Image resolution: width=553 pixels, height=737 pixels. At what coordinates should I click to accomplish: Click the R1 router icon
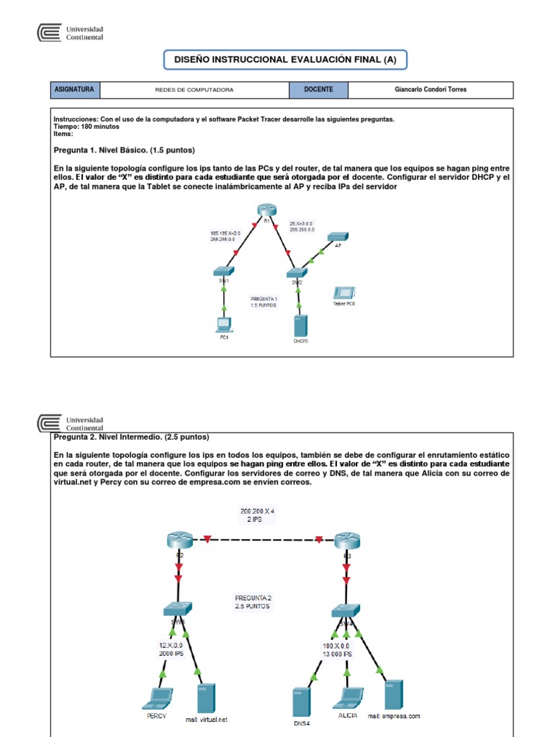pyautogui.click(x=264, y=209)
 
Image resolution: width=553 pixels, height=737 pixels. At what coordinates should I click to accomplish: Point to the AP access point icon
pyautogui.click(x=337, y=237)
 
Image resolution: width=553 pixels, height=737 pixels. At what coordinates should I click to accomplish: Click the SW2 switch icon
pyautogui.click(x=295, y=273)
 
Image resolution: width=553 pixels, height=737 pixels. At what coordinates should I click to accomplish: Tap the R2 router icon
pyautogui.click(x=179, y=540)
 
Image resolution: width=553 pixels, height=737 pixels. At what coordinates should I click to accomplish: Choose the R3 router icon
pyautogui.click(x=346, y=540)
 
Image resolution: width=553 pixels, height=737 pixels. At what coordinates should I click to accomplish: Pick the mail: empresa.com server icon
pyautogui.click(x=393, y=695)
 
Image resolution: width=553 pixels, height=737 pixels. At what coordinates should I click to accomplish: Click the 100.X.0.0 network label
pyautogui.click(x=337, y=650)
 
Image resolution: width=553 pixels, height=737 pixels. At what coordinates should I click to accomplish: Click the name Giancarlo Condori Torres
pyautogui.click(x=431, y=90)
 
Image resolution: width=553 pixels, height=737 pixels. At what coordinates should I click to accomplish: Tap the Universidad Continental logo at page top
pyautogui.click(x=71, y=33)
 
